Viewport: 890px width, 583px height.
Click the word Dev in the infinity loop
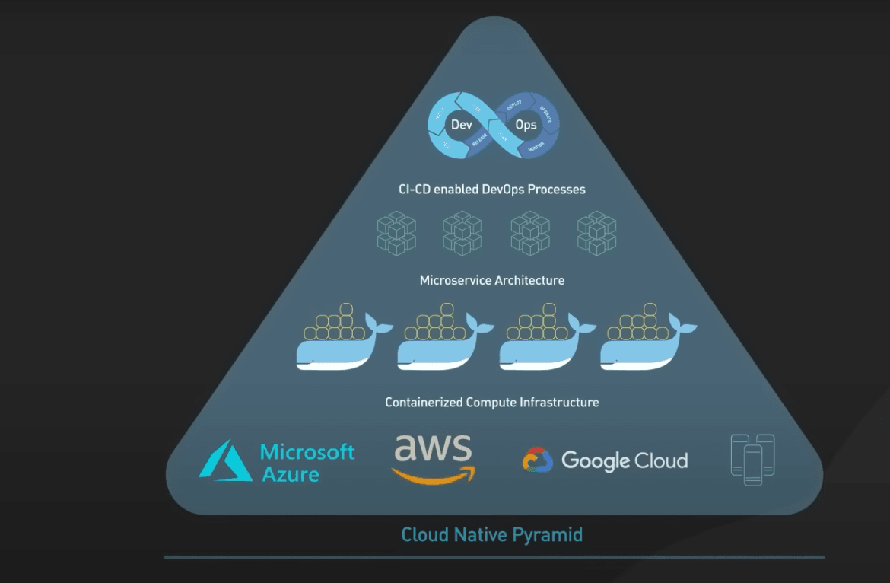pyautogui.click(x=461, y=125)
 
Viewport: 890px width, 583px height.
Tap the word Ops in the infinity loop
pyautogui.click(x=526, y=125)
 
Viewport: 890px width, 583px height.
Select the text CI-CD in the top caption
pyautogui.click(x=415, y=189)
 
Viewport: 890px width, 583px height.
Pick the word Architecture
pyautogui.click(x=529, y=280)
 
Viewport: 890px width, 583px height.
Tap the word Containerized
pyautogui.click(x=424, y=402)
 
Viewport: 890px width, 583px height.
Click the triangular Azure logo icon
pyautogui.click(x=225, y=461)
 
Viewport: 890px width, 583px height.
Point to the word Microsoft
pyautogui.click(x=307, y=452)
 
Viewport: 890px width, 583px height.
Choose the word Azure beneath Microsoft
pyautogui.click(x=290, y=475)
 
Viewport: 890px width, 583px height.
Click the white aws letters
pyautogui.click(x=432, y=448)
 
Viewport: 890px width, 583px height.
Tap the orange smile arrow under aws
pyautogui.click(x=434, y=476)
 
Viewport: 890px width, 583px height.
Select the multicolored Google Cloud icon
pyautogui.click(x=537, y=460)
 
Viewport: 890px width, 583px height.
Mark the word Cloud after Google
pyautogui.click(x=662, y=460)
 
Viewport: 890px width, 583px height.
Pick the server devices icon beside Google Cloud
pyautogui.click(x=752, y=460)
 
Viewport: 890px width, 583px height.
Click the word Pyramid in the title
pyautogui.click(x=544, y=534)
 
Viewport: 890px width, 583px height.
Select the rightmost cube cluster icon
pyautogui.click(x=596, y=233)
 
